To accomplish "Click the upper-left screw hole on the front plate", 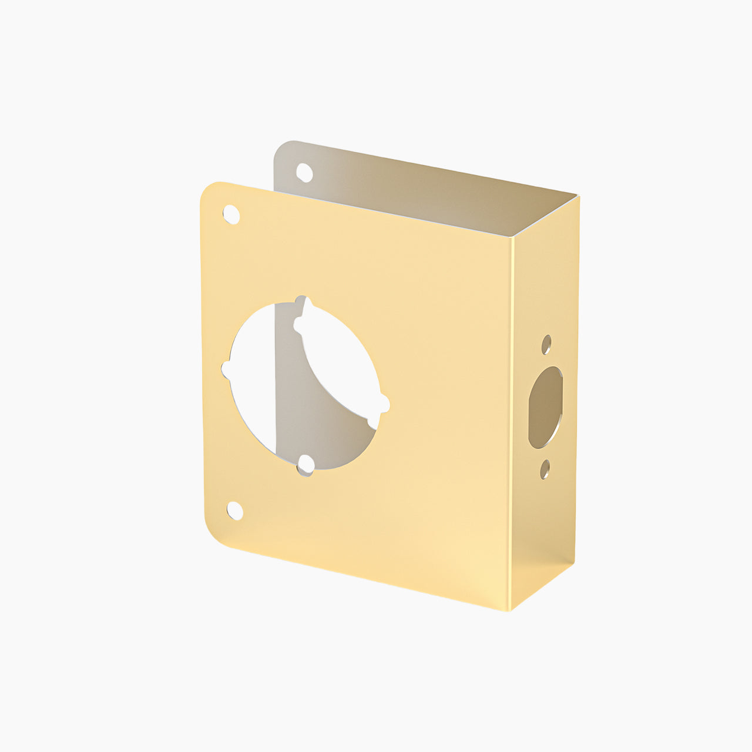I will click(x=231, y=214).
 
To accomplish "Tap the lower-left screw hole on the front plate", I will click(x=235, y=511).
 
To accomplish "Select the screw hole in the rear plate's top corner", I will click(x=304, y=172).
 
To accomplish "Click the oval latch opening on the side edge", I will click(x=545, y=407).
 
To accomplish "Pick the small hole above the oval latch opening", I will click(x=546, y=344).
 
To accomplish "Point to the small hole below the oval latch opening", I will click(x=545, y=469).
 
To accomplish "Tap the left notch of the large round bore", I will click(x=226, y=370).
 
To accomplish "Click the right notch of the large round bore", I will click(x=384, y=404).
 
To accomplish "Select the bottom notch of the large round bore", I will click(x=305, y=468).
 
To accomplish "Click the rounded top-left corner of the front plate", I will click(x=209, y=192).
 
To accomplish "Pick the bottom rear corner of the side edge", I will click(x=574, y=563).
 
